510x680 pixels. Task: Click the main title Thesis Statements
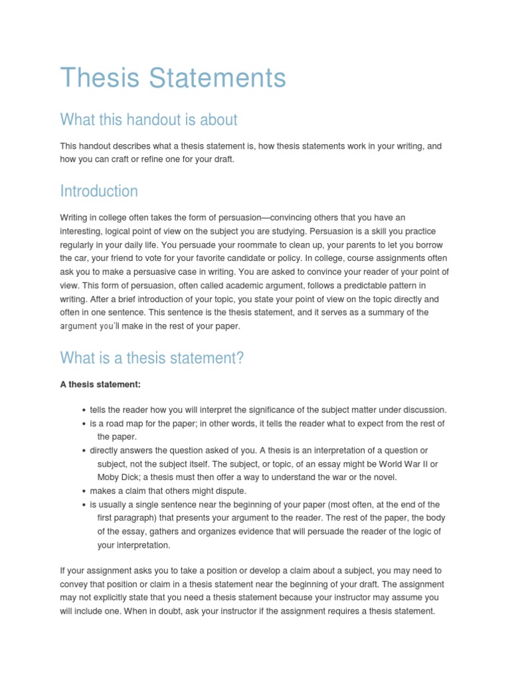click(x=173, y=78)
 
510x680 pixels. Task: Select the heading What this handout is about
click(x=148, y=120)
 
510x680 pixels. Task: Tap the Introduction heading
click(x=99, y=191)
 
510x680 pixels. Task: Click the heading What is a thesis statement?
click(x=152, y=359)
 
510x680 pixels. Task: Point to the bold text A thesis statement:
click(x=100, y=384)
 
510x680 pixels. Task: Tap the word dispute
click(x=228, y=491)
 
